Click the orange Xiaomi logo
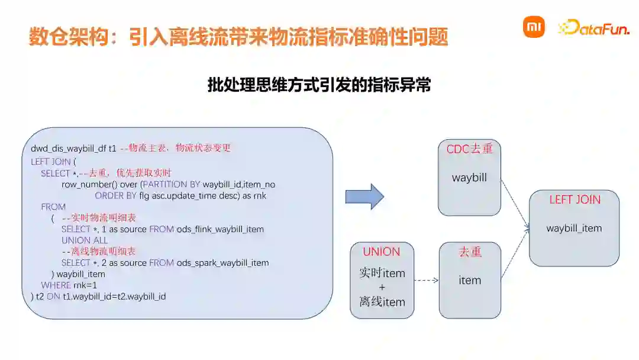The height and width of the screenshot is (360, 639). point(533,27)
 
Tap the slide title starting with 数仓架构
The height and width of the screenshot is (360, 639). point(238,37)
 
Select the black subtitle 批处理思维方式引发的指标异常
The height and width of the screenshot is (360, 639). point(319,85)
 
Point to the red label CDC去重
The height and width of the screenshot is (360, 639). point(469,149)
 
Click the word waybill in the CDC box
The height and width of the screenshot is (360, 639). point(469,177)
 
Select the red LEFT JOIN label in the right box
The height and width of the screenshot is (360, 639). point(575,200)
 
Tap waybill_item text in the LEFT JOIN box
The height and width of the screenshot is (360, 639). point(574,228)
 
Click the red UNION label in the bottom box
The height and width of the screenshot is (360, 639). point(382,252)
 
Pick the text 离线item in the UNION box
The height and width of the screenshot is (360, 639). point(382,301)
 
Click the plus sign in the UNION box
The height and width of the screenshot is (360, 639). point(382,287)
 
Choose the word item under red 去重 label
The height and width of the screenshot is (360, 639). point(470,280)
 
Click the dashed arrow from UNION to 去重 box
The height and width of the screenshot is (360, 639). point(426,281)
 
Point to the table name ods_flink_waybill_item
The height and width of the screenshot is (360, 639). point(220,229)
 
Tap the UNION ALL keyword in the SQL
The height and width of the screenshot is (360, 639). point(85,240)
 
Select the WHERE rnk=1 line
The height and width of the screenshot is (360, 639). point(64,285)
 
